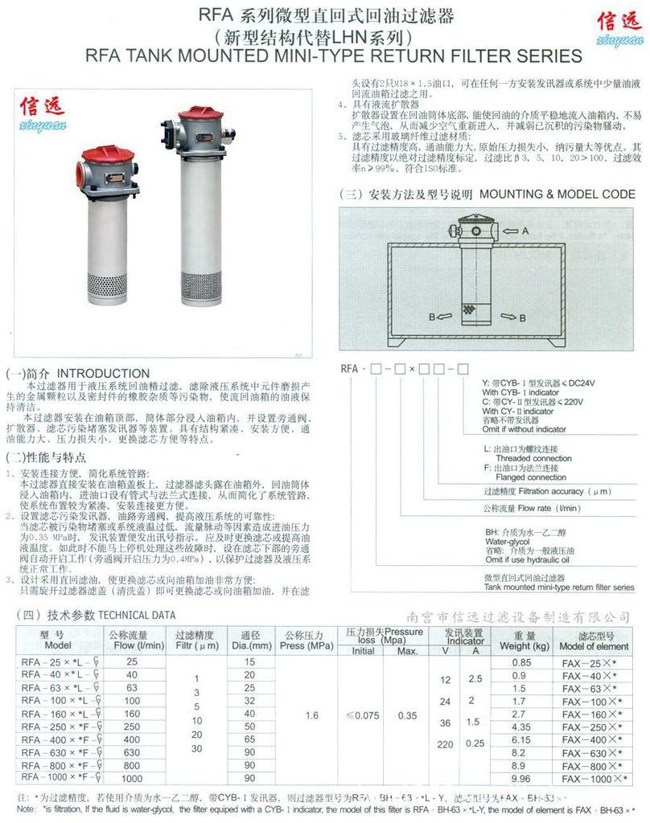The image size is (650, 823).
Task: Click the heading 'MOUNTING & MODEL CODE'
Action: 557,194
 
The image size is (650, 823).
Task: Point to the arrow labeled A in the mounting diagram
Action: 525,231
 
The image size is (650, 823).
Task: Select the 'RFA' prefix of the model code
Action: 350,369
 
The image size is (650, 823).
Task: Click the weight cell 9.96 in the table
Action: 521,778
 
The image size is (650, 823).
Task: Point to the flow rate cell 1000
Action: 131,778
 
